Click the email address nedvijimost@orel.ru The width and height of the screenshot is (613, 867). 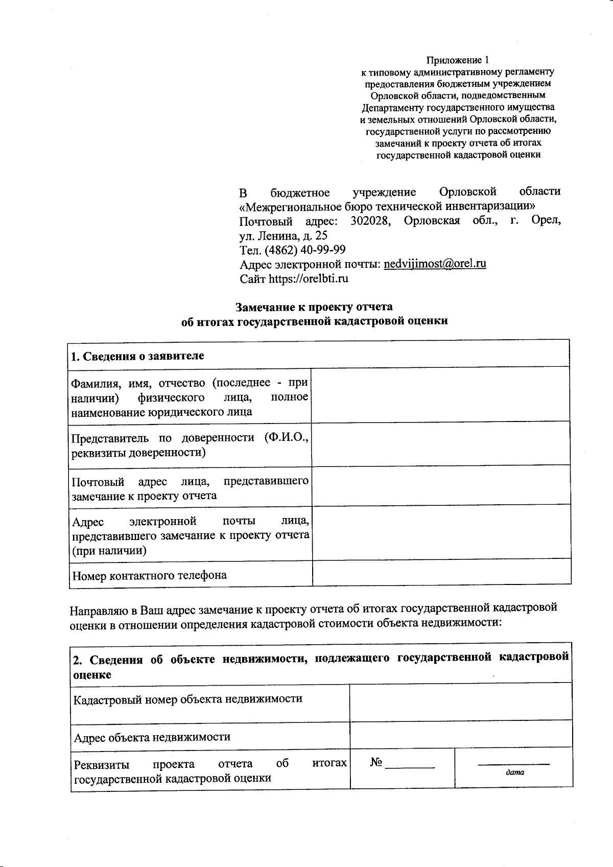coord(435,264)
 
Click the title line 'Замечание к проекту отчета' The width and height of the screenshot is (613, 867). coord(314,307)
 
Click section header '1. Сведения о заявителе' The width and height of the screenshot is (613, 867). coord(137,356)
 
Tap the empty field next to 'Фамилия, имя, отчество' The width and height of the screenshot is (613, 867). coord(440,394)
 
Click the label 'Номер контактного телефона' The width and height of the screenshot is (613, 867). coord(149,575)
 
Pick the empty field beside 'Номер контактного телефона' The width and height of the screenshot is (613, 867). coord(441,573)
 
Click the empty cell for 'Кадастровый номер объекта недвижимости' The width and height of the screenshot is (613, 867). coord(460,702)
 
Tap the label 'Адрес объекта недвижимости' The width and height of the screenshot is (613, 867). coord(152,737)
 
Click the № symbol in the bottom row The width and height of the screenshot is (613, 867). coord(376,762)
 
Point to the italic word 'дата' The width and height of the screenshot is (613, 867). coord(514,772)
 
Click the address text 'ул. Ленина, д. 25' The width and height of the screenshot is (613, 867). coord(283,236)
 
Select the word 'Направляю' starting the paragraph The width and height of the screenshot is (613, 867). coord(95,611)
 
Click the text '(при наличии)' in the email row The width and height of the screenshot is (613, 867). coord(109,551)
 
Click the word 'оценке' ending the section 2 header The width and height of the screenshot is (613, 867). coord(92,674)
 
